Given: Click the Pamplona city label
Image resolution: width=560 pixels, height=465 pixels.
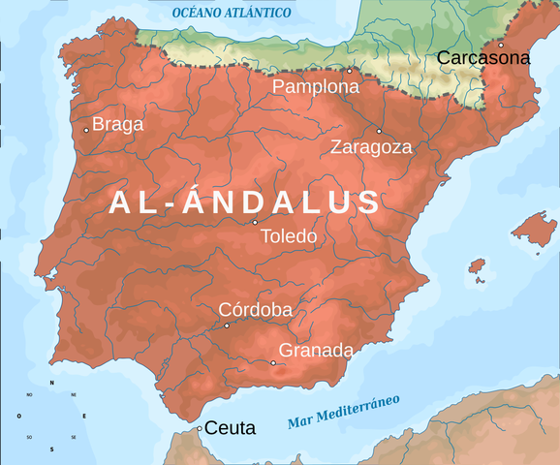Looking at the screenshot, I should tap(316, 86).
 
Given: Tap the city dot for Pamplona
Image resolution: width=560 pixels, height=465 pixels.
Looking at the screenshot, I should tap(350, 71).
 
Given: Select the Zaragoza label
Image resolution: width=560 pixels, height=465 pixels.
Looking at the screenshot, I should tap(371, 147).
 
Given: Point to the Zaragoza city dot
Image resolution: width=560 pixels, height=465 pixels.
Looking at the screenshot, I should tap(379, 131).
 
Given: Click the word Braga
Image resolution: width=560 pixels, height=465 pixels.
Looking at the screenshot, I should tap(118, 124).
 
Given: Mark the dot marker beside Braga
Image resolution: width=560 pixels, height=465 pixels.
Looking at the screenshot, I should tap(86, 130).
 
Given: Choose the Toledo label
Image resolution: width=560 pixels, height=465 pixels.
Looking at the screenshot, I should tap(289, 235).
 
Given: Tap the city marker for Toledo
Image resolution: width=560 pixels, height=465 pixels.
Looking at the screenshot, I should tap(255, 222).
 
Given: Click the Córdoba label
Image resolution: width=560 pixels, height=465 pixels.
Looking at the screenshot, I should tap(256, 309).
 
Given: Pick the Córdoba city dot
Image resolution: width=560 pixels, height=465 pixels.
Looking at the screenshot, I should tap(227, 325).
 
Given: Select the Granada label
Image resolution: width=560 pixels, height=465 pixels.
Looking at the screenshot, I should tap(316, 350).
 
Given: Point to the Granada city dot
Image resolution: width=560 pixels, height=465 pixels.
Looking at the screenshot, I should tap(273, 363).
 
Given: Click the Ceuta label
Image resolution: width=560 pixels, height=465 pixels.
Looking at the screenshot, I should tap(231, 427).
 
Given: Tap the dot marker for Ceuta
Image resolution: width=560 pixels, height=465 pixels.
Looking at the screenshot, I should tap(200, 428).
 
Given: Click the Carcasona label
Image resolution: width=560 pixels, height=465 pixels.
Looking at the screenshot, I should tap(483, 58).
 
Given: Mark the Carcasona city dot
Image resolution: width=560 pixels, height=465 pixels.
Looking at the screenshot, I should tap(501, 45).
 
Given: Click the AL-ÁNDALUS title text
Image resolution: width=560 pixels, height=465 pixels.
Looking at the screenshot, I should tap(244, 201).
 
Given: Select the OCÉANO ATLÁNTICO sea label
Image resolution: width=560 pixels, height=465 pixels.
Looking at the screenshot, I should tap(232, 13).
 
